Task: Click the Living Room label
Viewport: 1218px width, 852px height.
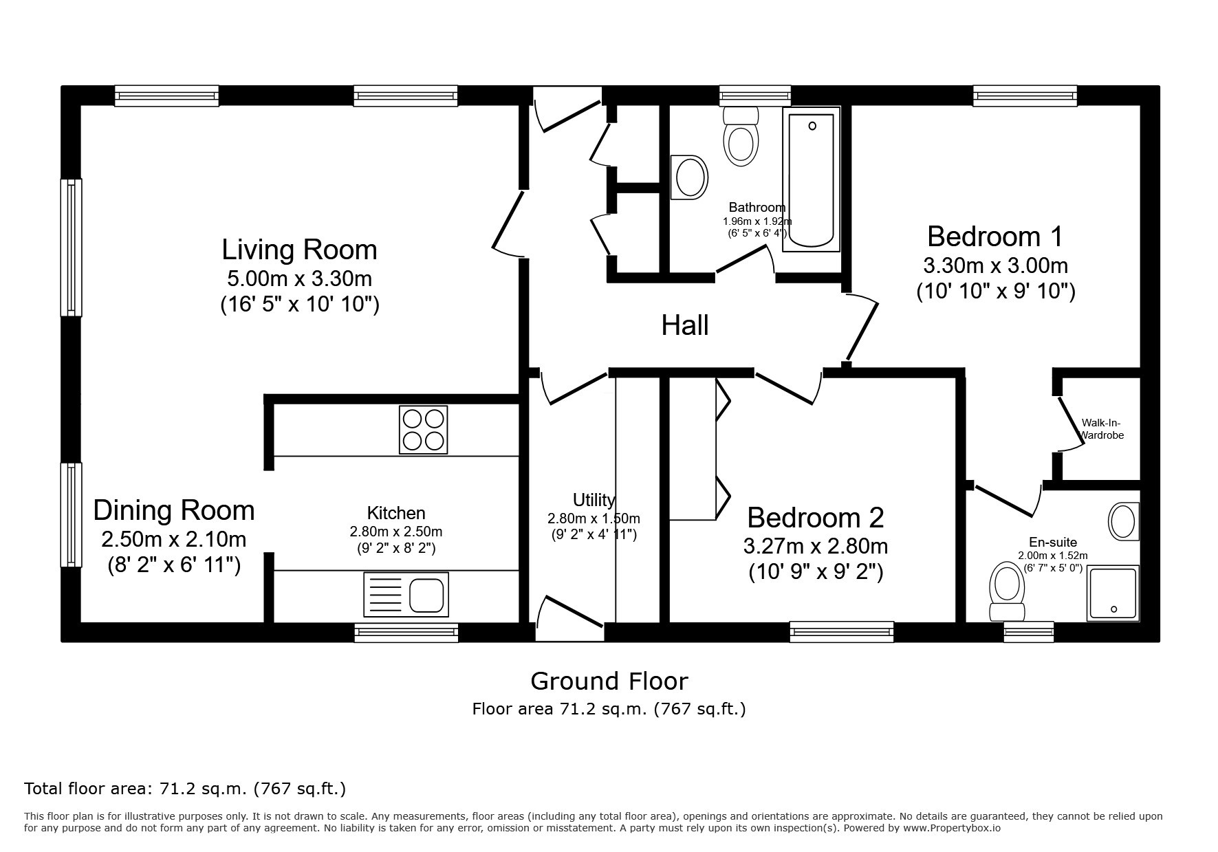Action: [x=299, y=249]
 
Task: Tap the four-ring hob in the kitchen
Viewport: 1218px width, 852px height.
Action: [x=423, y=430]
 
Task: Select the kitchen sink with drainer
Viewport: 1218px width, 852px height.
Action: [x=406, y=594]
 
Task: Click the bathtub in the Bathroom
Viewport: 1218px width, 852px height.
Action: [x=812, y=179]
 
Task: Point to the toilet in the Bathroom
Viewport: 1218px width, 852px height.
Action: [x=741, y=136]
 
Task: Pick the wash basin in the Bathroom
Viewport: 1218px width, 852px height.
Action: [x=689, y=177]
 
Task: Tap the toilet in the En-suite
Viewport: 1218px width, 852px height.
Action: [x=1007, y=591]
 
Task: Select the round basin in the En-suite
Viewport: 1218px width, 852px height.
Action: [x=1124, y=521]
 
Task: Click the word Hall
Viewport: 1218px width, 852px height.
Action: [x=685, y=325]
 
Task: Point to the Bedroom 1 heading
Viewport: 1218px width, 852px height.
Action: [x=994, y=236]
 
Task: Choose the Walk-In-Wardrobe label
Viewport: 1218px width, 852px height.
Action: [x=1102, y=429]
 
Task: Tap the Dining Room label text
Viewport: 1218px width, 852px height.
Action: [x=174, y=510]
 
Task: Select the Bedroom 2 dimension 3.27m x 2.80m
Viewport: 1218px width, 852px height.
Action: [x=816, y=546]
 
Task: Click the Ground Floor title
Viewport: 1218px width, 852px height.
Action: [x=609, y=681]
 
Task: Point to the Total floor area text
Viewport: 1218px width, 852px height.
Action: [x=185, y=788]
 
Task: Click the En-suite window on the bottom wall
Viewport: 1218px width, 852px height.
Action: [x=1029, y=631]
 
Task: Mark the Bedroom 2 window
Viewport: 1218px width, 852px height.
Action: [x=842, y=631]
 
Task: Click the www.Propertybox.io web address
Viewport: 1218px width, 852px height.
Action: [x=952, y=828]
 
